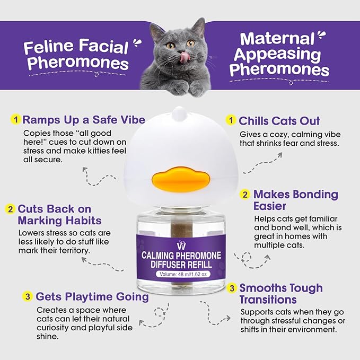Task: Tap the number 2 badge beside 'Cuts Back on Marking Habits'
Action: pos(10,209)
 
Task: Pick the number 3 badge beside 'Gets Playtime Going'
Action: pos(28,296)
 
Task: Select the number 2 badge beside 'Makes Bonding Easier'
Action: pos(245,194)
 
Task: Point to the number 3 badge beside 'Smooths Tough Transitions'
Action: pos(232,288)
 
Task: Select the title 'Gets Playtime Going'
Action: pos(92,296)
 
